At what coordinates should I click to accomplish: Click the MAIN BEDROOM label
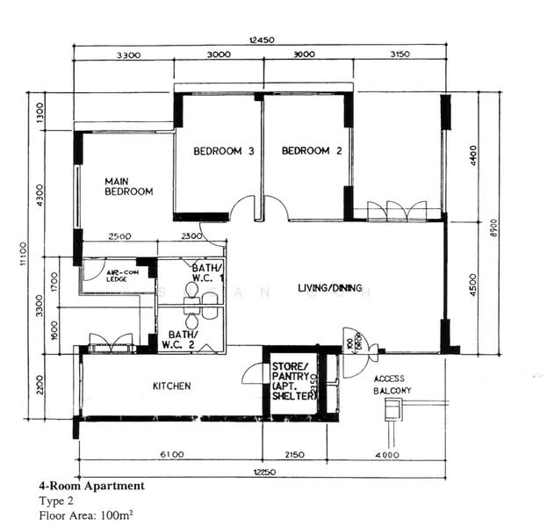pos(128,185)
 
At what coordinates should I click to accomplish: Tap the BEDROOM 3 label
pos(224,151)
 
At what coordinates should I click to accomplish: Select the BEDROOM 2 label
pos(312,151)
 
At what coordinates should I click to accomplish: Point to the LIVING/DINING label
pos(334,287)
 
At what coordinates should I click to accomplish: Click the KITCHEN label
pos(172,386)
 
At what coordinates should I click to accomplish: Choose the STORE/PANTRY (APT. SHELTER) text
pos(293,381)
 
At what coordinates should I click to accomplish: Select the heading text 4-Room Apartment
pos(91,486)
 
